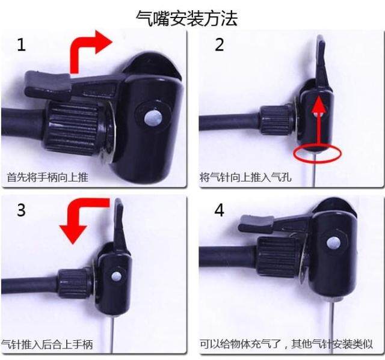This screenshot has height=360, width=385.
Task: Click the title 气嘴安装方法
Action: (x=187, y=18)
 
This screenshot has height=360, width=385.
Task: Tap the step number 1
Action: (x=21, y=44)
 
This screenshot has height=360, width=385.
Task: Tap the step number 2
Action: (x=219, y=44)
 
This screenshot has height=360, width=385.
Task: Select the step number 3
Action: (x=21, y=210)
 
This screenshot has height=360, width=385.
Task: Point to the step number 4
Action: (x=219, y=210)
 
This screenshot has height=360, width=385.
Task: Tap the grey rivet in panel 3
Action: (x=116, y=276)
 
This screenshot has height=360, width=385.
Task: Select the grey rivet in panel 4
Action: (x=333, y=243)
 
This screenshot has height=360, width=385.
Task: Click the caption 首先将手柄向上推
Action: (x=48, y=177)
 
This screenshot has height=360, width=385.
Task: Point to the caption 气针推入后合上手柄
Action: (x=48, y=344)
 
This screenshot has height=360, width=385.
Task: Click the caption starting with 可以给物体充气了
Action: (x=286, y=344)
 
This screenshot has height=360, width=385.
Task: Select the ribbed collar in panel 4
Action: (x=279, y=257)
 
